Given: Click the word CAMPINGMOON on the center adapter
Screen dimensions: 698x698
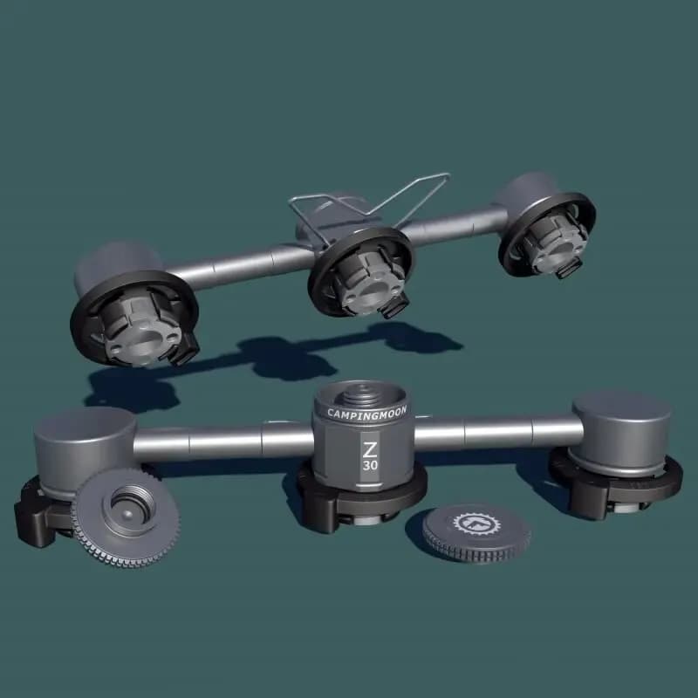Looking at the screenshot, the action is pos(366,413).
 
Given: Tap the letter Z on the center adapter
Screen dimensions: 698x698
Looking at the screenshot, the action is pos(369,450).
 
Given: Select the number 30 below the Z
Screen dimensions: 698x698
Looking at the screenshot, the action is pos(370,466).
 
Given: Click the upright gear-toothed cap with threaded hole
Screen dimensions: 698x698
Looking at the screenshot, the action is pos(126,517).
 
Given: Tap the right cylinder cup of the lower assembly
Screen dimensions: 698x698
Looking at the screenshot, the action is pos(622,431).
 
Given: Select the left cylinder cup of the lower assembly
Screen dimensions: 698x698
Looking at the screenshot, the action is pos(85,449).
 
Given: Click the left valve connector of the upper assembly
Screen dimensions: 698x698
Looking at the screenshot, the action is pos(134,318).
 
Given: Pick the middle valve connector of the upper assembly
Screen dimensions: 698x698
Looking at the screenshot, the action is pos(361,273).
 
